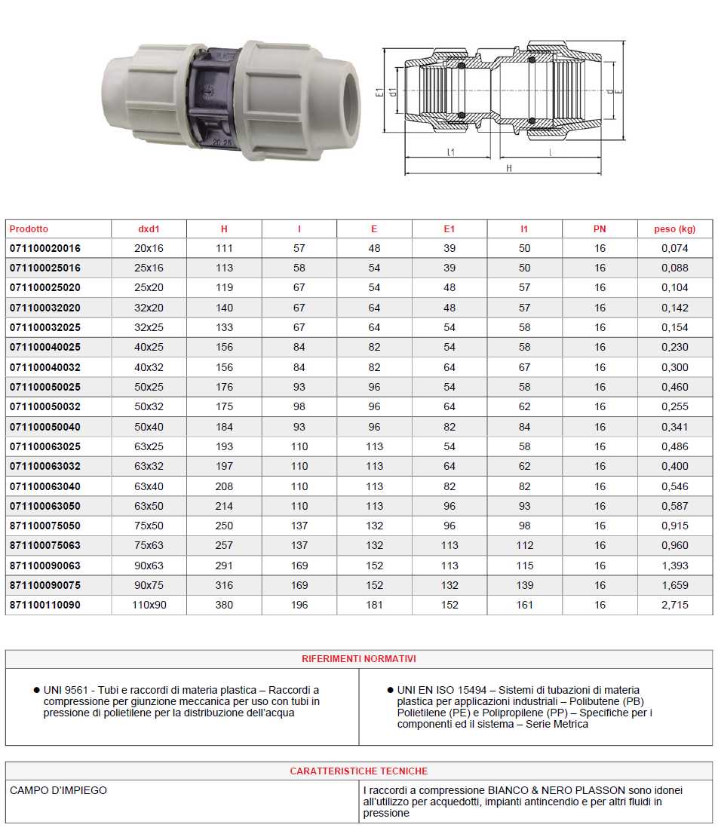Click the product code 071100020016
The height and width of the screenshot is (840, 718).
pos(45,248)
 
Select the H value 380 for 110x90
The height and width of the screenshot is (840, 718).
pos(224,605)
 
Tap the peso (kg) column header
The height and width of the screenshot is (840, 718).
pos(675,229)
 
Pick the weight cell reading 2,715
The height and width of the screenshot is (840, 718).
pos(675,605)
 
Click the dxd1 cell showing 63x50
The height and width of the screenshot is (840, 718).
pos(149,506)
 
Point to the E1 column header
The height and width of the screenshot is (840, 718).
pos(450,229)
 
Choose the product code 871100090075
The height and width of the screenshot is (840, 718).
pos(45,585)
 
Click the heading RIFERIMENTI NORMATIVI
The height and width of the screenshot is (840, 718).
pos(358,659)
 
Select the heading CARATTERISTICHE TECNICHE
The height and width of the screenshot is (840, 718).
pos(358,771)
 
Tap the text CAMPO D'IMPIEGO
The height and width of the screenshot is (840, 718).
pos(59,791)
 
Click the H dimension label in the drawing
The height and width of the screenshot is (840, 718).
pos(509,168)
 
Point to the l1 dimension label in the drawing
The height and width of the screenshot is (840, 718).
pos(450,152)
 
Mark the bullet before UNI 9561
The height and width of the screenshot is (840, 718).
pos(36,690)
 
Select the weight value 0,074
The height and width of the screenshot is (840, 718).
pos(675,248)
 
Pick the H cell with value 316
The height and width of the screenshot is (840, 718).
pos(224,585)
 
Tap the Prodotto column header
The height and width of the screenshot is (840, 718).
pos(29,229)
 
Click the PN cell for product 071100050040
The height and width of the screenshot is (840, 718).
pos(600,427)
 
